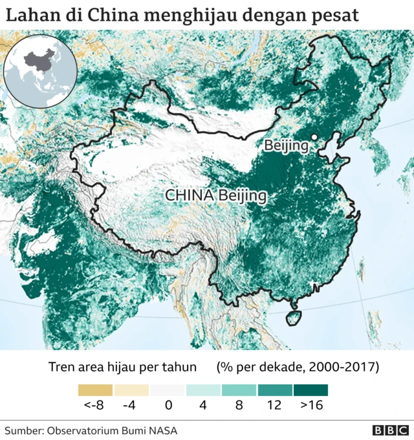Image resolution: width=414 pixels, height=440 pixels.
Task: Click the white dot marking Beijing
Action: point(314,137)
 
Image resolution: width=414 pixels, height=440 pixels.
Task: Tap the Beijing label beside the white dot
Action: point(286,146)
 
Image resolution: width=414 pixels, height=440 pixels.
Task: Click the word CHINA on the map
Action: point(190,195)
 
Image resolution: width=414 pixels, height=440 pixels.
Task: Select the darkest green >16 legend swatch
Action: point(310,390)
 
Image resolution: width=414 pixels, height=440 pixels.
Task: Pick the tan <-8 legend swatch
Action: point(95,390)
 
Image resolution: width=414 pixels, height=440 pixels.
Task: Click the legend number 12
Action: point(274,406)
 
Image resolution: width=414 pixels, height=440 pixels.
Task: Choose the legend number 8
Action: point(239,406)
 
